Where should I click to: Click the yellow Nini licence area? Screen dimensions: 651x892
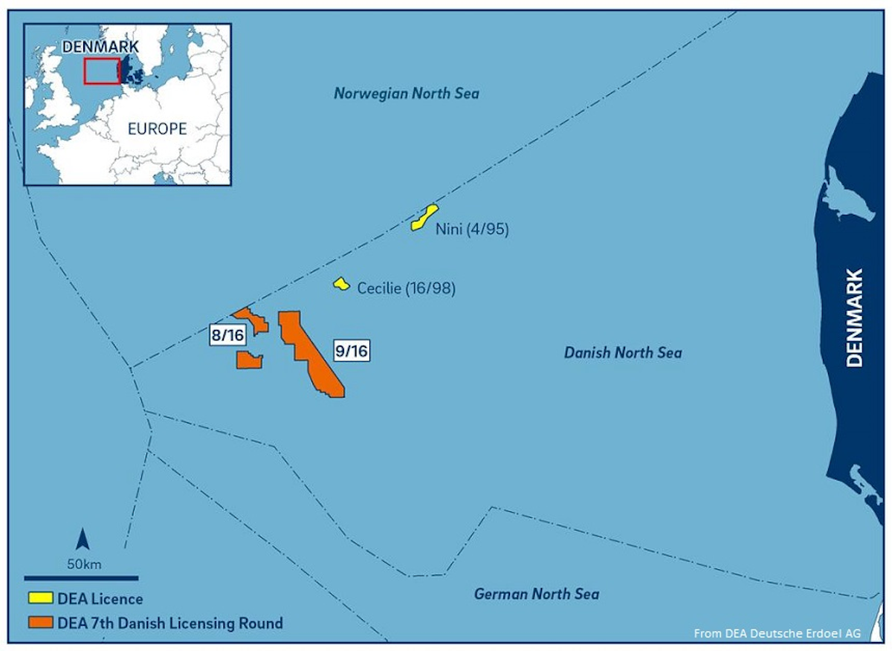[x=424, y=218]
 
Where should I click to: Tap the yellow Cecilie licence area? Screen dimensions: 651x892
[x=341, y=284]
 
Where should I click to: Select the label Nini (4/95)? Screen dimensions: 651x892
[x=471, y=230]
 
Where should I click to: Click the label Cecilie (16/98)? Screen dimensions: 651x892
[x=406, y=288]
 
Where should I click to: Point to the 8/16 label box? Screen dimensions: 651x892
[x=227, y=336]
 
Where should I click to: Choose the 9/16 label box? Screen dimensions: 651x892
[x=351, y=351]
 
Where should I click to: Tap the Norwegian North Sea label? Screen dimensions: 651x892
[x=406, y=94]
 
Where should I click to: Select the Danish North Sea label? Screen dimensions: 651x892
[x=622, y=353]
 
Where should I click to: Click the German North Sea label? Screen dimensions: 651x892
[x=536, y=594]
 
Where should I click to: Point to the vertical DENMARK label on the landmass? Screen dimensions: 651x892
[x=855, y=317]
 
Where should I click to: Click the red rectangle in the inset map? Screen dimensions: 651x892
[x=102, y=71]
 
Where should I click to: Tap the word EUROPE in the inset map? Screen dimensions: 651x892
[x=157, y=129]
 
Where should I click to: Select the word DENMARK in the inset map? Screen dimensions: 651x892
[x=100, y=47]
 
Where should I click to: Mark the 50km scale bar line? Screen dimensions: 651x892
[x=81, y=577]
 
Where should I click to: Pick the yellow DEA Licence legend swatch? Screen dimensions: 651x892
[x=40, y=598]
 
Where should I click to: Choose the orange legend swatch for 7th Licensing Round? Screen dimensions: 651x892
[x=40, y=623]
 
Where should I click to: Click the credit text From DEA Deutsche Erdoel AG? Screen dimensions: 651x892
[x=777, y=633]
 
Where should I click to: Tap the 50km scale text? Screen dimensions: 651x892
[x=84, y=564]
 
